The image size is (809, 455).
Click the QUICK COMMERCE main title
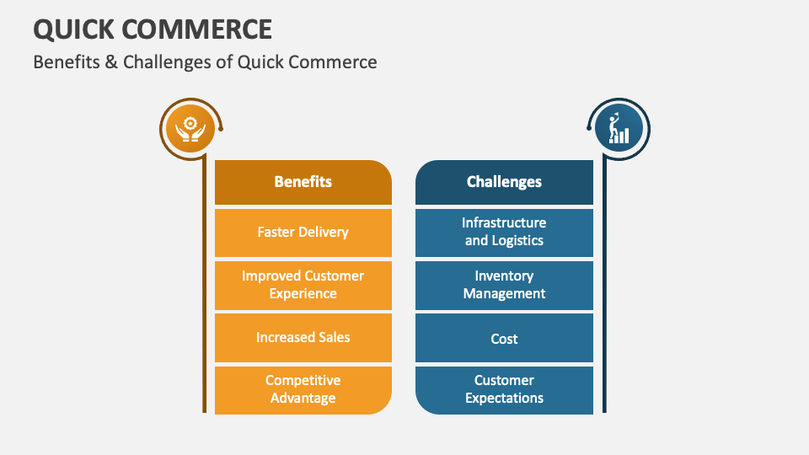click(153, 29)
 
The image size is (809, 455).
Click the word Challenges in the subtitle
click(159, 62)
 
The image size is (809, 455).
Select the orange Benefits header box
click(303, 182)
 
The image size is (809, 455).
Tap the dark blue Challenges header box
click(504, 182)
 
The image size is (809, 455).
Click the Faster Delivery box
click(303, 232)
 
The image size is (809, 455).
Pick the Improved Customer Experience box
click(303, 285)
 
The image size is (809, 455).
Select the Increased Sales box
click(303, 337)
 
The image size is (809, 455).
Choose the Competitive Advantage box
click(303, 389)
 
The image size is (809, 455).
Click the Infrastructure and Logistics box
click(504, 232)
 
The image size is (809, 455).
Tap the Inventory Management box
click(504, 285)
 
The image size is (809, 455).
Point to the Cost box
click(504, 339)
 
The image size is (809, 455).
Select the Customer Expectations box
click(504, 389)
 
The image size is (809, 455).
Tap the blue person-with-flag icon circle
click(619, 129)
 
